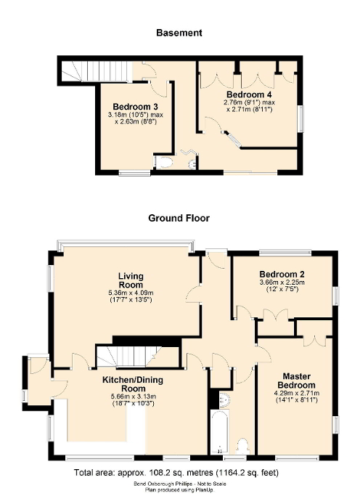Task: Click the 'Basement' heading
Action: (179, 33)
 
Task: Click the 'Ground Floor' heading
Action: (179, 217)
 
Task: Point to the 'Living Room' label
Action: (131, 280)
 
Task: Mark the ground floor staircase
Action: (127, 356)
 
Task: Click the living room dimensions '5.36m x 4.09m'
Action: (131, 293)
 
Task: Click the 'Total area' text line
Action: (179, 473)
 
